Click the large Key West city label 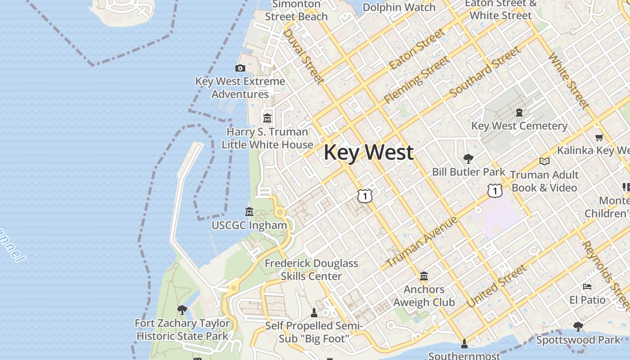368,152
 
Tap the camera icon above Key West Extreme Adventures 240,68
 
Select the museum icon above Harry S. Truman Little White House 267,118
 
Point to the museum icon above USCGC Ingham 249,212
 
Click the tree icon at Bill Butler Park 468,159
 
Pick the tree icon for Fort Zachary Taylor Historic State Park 182,310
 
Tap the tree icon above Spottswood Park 578,327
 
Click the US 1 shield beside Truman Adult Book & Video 495,191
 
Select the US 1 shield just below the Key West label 365,196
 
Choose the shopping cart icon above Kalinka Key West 598,138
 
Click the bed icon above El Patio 587,287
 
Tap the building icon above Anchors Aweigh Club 423,276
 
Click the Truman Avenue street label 422,242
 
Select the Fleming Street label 416,80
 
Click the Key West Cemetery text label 519,126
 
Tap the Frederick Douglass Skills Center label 311,270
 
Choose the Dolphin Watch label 399,7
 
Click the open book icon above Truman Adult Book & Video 544,161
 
